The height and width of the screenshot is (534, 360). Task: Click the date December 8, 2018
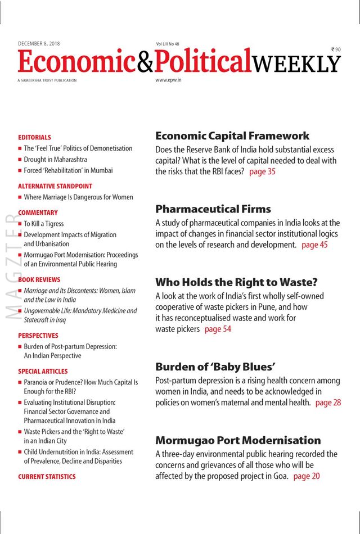tap(39, 43)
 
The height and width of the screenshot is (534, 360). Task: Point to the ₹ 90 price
tap(336, 49)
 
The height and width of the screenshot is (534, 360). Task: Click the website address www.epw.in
tap(168, 80)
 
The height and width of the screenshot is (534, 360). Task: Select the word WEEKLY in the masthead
tap(296, 64)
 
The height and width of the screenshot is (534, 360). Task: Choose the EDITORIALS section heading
tap(34, 137)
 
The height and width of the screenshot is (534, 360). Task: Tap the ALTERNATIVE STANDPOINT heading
tap(55, 186)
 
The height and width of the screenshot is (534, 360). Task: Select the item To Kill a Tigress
tap(44, 224)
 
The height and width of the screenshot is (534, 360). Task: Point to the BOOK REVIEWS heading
tap(39, 279)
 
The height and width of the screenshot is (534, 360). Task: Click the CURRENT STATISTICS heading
tap(47, 477)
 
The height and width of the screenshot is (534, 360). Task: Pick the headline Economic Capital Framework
tap(232, 136)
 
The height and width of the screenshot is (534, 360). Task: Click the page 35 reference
tap(262, 171)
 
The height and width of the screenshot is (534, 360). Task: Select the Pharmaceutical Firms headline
tap(213, 209)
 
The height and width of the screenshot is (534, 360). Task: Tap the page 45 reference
tap(314, 245)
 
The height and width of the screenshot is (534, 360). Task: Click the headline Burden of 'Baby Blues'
tap(215, 367)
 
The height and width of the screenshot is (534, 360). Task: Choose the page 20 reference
tap(307, 476)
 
